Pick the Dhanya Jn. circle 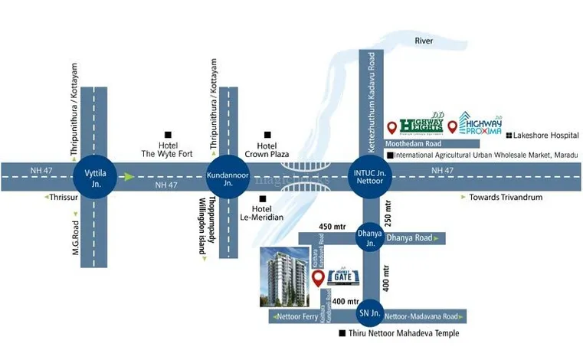(370, 238)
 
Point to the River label (424, 40)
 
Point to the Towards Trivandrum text (506, 197)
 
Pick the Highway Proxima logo (482, 123)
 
